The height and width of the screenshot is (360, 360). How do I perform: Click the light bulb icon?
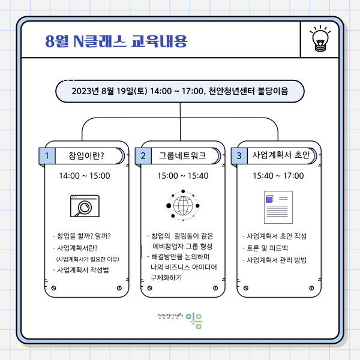(320, 38)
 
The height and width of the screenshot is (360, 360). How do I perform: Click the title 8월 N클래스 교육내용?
(116, 41)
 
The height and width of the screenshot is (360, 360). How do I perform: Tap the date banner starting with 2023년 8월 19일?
(180, 91)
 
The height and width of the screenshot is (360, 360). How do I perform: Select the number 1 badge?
(47, 156)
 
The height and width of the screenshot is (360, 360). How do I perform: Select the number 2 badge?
(143, 156)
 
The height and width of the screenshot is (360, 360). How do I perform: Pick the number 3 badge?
(239, 156)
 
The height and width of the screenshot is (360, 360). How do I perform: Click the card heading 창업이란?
(86, 155)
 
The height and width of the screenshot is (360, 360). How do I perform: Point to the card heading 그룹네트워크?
(182, 155)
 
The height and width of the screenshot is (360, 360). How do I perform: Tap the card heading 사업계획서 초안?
(281, 155)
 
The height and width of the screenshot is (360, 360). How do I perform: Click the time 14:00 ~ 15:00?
(85, 176)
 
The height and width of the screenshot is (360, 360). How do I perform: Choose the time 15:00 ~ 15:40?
(183, 176)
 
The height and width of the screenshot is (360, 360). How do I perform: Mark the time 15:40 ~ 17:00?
(278, 176)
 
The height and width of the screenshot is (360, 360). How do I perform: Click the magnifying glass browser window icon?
(85, 206)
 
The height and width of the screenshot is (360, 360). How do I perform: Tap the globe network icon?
(183, 205)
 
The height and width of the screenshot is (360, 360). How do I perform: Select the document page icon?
(278, 208)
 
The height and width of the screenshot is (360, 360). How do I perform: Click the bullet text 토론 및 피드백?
(265, 248)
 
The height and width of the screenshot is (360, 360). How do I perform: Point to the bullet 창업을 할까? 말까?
(82, 236)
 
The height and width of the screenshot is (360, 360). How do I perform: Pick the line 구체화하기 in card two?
(166, 278)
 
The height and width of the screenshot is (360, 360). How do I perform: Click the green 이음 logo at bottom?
(194, 320)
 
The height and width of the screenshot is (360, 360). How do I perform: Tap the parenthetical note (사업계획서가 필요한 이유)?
(88, 259)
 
